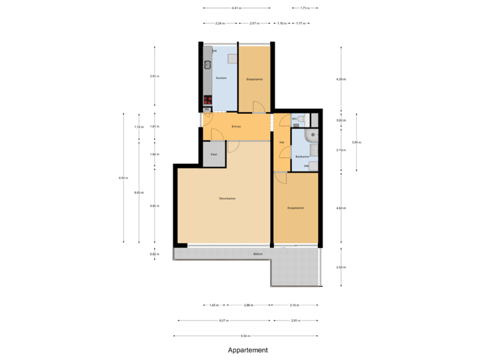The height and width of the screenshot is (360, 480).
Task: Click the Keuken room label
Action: click(221, 78)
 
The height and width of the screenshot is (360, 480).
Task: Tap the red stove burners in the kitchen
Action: click(207, 101)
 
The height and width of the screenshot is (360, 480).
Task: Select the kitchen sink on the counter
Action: click(207, 65)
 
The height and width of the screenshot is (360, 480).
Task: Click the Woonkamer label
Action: click(228, 199)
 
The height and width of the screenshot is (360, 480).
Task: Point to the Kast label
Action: click(214, 154)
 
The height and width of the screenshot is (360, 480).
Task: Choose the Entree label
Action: click(236, 126)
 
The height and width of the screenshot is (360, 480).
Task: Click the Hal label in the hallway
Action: click(281, 142)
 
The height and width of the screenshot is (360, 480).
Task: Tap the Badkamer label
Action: click(302, 156)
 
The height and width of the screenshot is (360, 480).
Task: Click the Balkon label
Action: click(257, 254)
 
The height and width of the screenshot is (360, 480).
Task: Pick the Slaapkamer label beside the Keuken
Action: click(255, 79)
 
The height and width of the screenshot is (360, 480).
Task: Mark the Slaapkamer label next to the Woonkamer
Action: click(295, 208)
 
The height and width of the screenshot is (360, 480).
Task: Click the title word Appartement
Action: click(247, 349)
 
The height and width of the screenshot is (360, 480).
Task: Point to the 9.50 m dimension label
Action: click(245, 335)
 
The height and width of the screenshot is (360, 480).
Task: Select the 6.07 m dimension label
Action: click(223, 320)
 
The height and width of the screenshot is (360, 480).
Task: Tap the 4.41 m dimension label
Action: click(237, 8)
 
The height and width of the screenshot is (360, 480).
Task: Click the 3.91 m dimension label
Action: click(155, 77)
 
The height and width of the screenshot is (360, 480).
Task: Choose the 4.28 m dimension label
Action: click(341, 79)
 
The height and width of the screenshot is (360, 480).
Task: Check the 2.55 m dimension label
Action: click(341, 267)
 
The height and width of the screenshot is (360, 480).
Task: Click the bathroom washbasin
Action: click(314, 151)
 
